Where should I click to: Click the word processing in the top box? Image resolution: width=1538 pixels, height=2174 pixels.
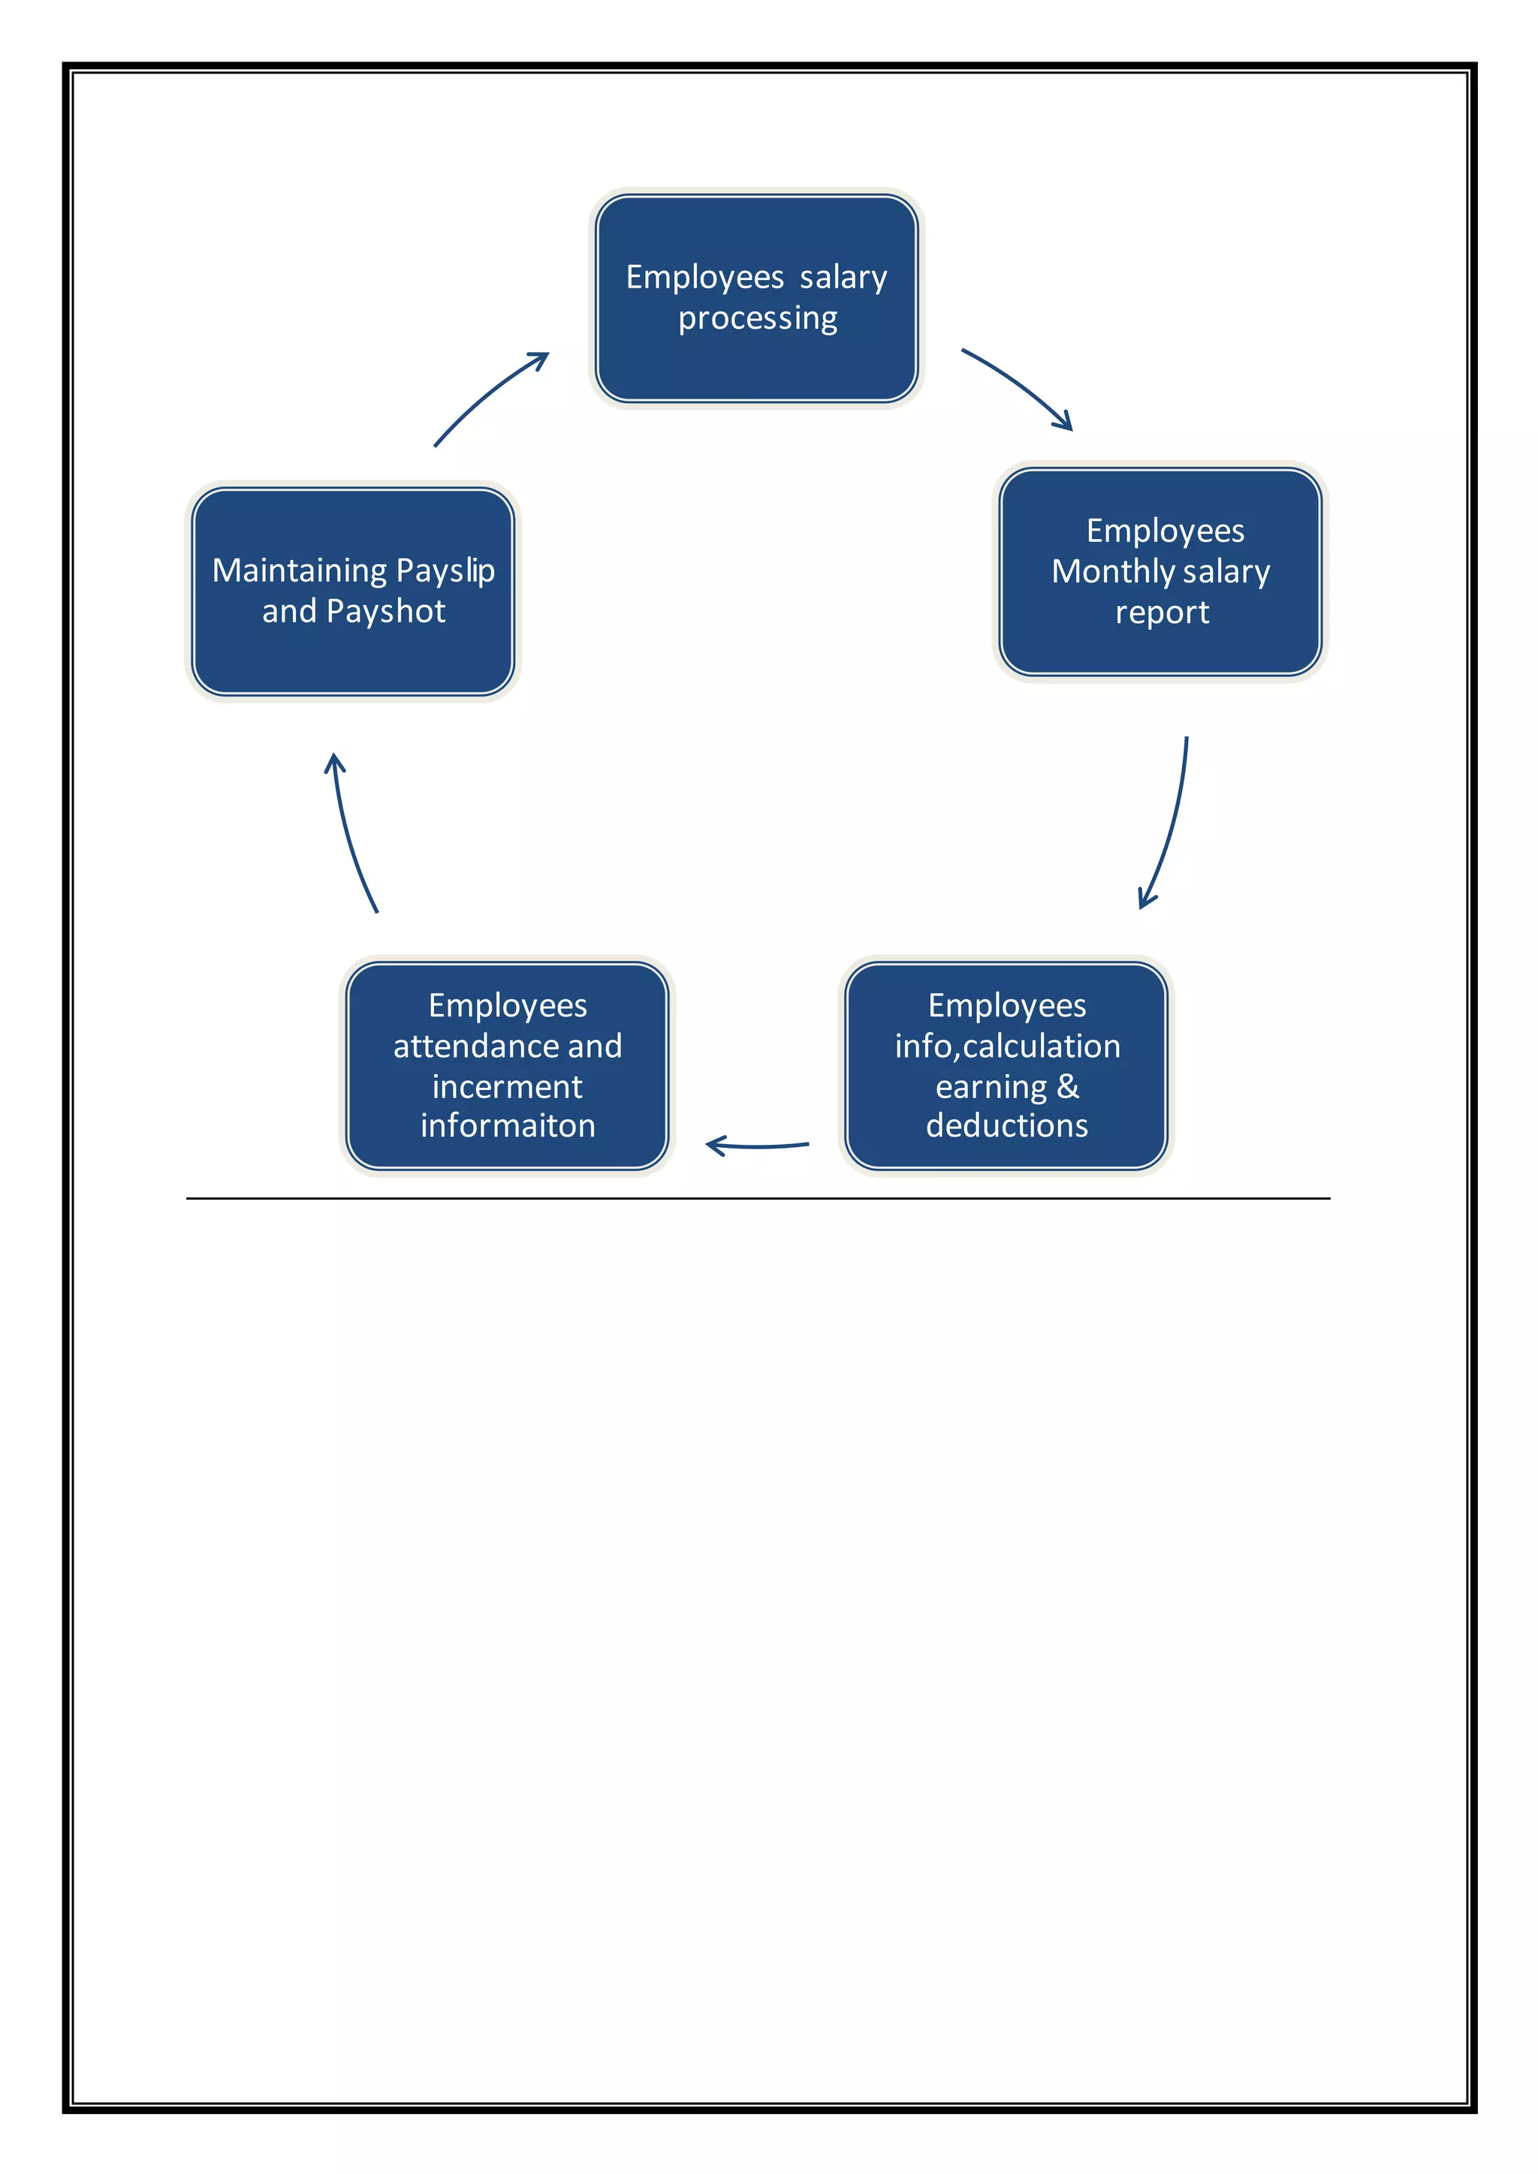pyautogui.click(x=758, y=319)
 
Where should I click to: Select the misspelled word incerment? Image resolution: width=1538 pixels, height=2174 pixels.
pyautogui.click(x=508, y=1087)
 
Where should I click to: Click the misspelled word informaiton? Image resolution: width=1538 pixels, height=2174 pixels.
pyautogui.click(x=508, y=1126)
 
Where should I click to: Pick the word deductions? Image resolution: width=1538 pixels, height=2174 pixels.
pyautogui.click(x=1007, y=1126)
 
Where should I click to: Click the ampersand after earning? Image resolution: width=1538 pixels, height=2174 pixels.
pyautogui.click(x=1069, y=1086)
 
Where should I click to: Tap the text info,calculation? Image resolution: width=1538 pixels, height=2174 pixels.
pyautogui.click(x=1007, y=1046)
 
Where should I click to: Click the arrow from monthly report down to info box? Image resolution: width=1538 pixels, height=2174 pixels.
pyautogui.click(x=1172, y=824)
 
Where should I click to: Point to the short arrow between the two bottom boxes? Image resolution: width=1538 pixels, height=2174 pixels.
pyautogui.click(x=758, y=1146)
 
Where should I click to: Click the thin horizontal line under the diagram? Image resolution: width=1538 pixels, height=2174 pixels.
pyautogui.click(x=758, y=1199)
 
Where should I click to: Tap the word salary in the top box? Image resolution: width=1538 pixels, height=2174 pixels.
pyautogui.click(x=843, y=278)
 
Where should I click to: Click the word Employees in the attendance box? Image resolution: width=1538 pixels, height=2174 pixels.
pyautogui.click(x=508, y=1006)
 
